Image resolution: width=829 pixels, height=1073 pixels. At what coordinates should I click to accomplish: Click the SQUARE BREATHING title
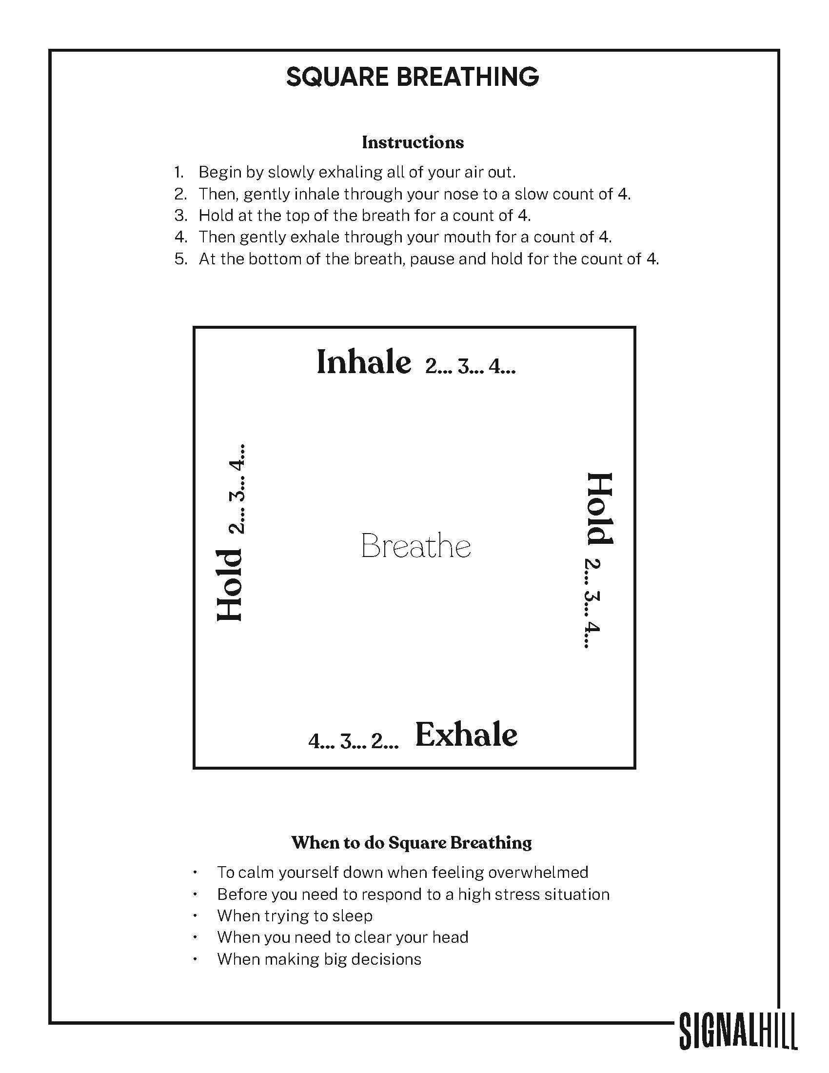click(413, 77)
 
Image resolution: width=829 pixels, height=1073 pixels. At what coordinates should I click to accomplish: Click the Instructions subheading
click(413, 142)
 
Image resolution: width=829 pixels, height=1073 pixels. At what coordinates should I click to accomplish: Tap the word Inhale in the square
click(363, 362)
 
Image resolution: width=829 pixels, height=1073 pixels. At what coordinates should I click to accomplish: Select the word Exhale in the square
click(466, 735)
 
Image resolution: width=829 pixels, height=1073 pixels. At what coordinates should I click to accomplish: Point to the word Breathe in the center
click(415, 546)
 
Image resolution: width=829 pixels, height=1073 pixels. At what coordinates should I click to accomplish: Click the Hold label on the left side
click(230, 586)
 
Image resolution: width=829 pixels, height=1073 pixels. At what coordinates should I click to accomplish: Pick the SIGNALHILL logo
click(738, 1030)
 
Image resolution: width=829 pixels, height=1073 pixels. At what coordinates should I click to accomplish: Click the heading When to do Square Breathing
click(412, 842)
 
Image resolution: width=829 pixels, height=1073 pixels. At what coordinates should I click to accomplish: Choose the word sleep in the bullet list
click(352, 915)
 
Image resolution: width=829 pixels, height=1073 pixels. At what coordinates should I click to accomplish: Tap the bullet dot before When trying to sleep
click(196, 916)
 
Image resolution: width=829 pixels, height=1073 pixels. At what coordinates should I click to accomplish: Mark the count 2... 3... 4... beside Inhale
click(470, 366)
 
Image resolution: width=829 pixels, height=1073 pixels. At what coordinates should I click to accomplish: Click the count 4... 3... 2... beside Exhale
click(353, 740)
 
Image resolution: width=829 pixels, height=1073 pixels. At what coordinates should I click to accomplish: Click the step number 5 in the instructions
click(180, 259)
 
